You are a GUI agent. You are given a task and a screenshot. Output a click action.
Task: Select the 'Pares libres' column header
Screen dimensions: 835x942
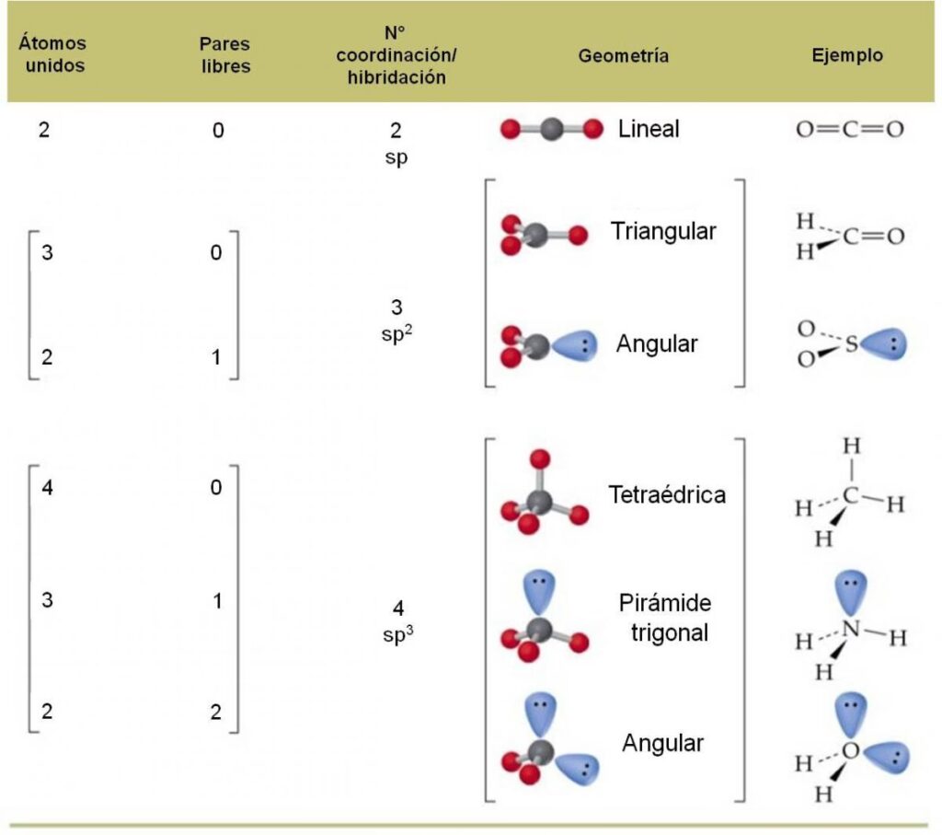click(x=224, y=55)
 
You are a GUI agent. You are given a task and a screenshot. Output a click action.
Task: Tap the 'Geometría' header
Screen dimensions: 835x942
click(x=623, y=55)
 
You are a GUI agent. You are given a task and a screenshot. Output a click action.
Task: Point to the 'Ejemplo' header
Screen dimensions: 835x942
click(x=846, y=55)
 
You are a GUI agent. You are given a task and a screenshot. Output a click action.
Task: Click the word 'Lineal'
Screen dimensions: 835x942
click(x=649, y=128)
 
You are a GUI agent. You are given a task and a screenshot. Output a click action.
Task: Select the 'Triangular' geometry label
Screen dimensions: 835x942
click(x=662, y=231)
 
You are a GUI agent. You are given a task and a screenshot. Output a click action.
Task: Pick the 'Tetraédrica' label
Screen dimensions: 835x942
click(x=666, y=494)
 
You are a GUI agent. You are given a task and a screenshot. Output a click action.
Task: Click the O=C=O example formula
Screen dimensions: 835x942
click(x=849, y=129)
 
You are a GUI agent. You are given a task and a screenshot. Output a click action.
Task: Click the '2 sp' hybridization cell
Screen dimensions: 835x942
click(x=396, y=143)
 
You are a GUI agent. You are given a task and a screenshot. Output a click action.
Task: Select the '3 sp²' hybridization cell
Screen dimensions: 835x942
click(x=396, y=319)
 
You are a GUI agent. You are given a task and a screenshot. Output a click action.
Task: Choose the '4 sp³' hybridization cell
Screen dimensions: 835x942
click(x=396, y=622)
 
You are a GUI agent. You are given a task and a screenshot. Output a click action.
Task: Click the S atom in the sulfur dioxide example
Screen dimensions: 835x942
click(x=851, y=344)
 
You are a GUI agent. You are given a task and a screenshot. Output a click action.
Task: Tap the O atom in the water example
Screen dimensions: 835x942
click(x=850, y=751)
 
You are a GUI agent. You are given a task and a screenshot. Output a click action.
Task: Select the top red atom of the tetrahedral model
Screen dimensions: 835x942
click(x=540, y=458)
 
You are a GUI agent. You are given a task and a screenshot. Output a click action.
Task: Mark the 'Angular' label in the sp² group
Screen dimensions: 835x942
click(x=656, y=344)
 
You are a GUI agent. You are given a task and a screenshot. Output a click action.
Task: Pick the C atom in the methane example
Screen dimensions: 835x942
click(x=851, y=498)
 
